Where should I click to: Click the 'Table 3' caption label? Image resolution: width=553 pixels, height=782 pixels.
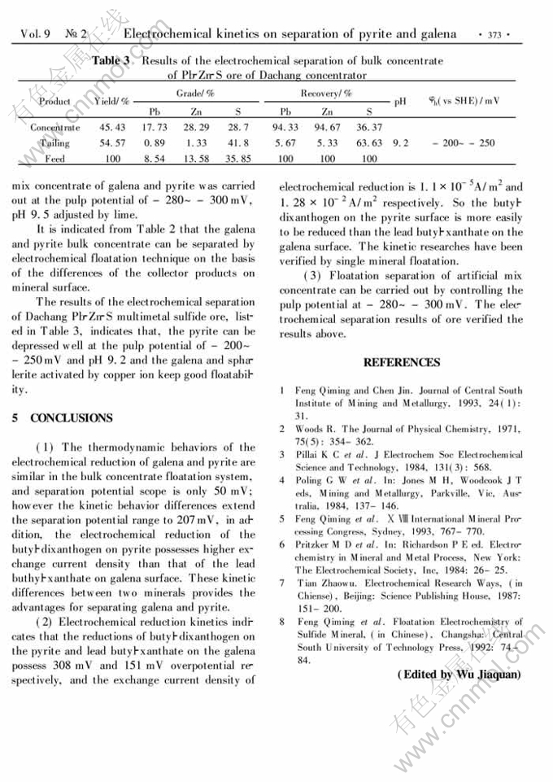pos(111,61)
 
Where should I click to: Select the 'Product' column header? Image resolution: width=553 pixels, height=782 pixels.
pos(54,102)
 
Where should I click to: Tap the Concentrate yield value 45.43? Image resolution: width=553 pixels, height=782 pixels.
pos(112,128)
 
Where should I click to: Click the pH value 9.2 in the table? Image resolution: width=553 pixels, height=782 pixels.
pos(400,143)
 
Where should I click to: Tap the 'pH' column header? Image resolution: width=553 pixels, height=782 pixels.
pos(400,102)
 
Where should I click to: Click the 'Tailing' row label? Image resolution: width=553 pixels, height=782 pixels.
pos(54,143)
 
